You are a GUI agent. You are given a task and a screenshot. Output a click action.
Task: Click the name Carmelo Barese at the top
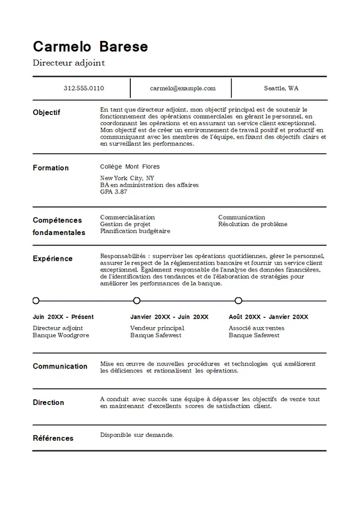(x=90, y=47)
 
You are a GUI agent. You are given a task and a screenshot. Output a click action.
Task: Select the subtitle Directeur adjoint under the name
(x=68, y=63)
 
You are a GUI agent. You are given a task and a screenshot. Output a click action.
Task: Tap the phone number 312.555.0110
(x=84, y=88)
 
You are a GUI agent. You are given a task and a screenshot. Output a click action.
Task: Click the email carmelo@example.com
(x=183, y=88)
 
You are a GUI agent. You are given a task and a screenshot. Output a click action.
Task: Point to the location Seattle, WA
(x=281, y=88)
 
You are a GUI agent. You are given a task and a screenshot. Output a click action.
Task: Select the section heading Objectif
(x=47, y=112)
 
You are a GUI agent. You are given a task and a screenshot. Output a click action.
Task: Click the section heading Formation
(x=50, y=168)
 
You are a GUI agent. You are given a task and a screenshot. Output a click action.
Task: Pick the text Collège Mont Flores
(x=130, y=167)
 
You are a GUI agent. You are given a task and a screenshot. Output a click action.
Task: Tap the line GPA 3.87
(x=114, y=192)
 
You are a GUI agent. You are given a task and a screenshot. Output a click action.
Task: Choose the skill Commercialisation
(x=128, y=217)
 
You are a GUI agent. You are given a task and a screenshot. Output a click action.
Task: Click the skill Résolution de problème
(x=253, y=224)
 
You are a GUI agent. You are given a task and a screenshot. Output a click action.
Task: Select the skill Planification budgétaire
(x=135, y=231)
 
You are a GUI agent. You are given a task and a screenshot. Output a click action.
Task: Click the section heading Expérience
(x=52, y=259)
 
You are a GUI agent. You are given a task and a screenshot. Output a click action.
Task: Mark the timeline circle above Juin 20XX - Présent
(x=36, y=300)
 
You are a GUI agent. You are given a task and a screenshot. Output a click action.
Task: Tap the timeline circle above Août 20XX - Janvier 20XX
(x=238, y=300)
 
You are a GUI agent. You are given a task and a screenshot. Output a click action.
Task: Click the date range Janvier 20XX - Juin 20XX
(x=169, y=317)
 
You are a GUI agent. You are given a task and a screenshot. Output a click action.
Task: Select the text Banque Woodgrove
(x=61, y=335)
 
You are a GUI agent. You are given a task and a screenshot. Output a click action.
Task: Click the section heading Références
(x=53, y=438)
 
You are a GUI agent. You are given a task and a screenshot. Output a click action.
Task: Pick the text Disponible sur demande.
(x=137, y=435)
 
